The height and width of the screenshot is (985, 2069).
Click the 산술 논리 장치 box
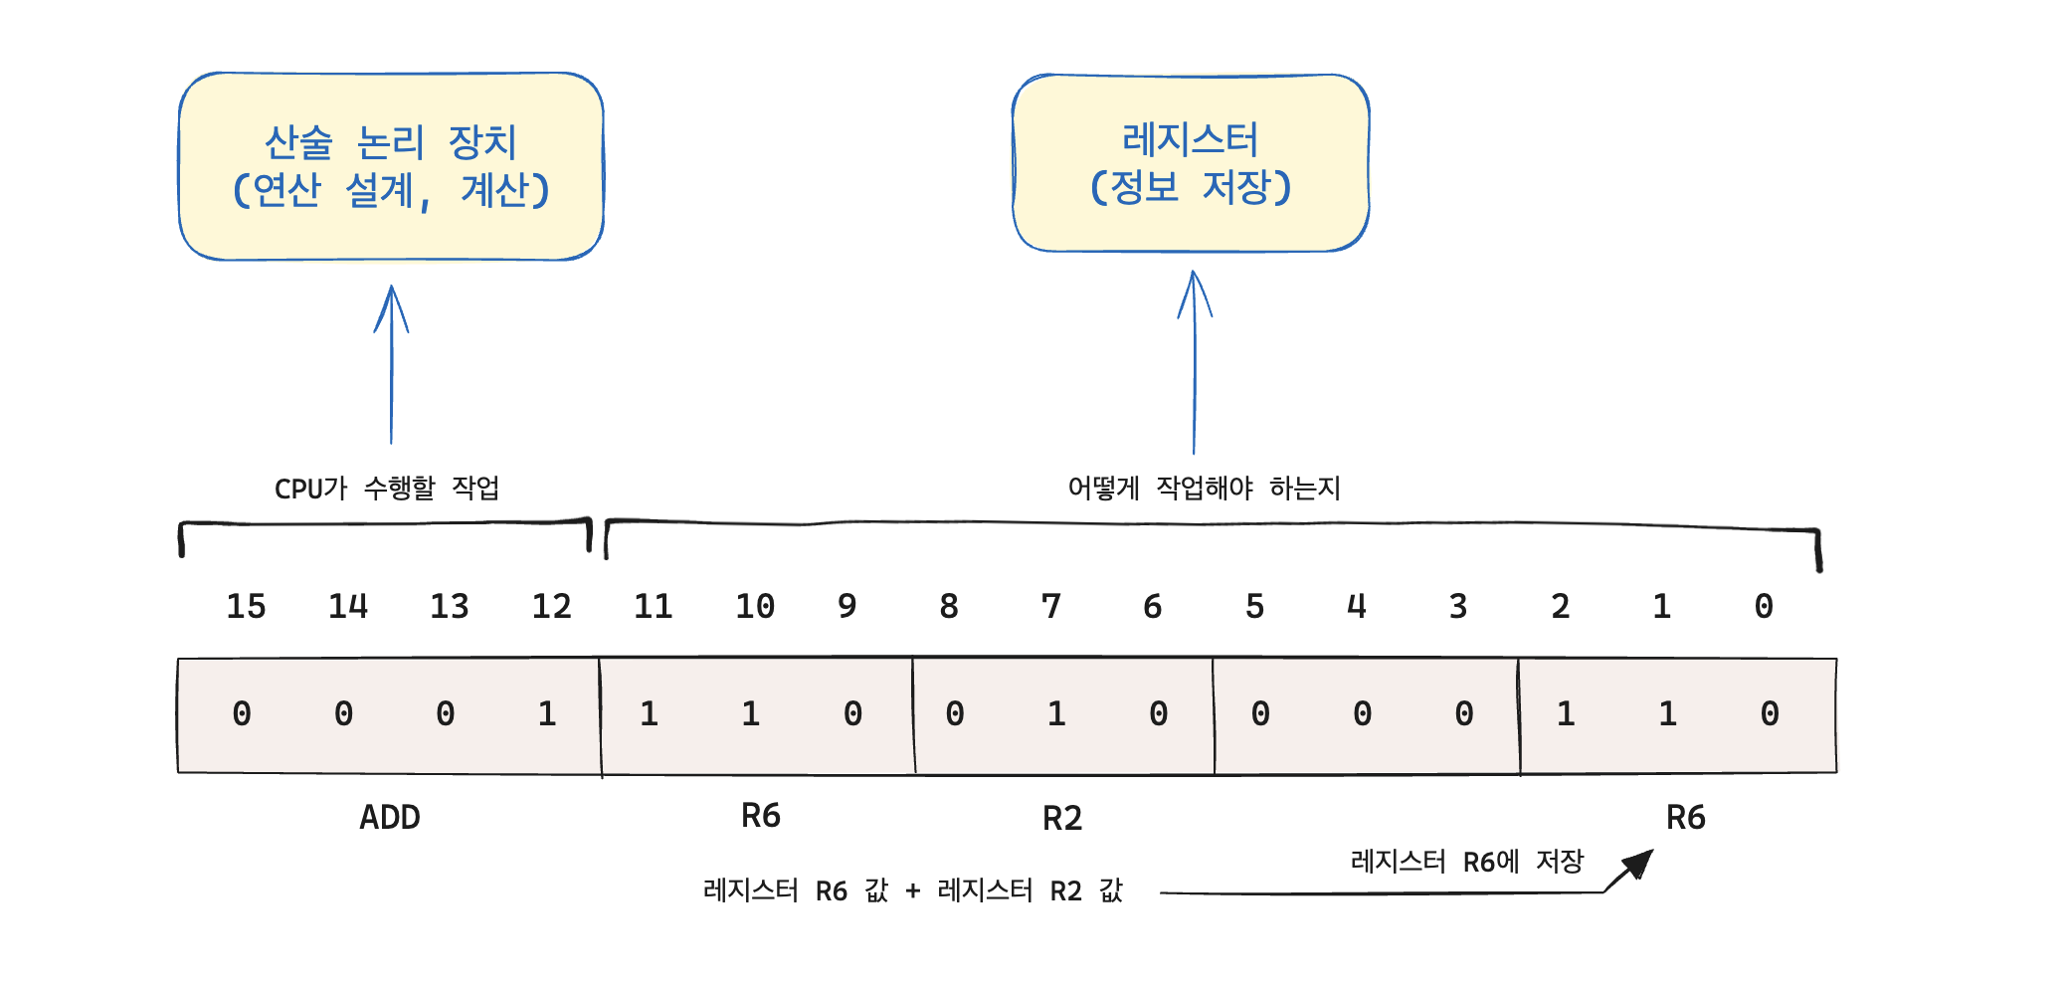tap(391, 166)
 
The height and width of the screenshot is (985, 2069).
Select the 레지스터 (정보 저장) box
tap(1191, 163)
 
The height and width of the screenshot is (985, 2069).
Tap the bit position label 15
tap(246, 606)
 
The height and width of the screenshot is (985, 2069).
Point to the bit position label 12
tap(551, 606)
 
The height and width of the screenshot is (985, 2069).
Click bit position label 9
tap(846, 606)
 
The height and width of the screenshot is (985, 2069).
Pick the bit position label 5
tap(1254, 606)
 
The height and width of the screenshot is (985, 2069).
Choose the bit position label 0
tap(1763, 606)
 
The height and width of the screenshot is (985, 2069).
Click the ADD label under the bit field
tap(390, 818)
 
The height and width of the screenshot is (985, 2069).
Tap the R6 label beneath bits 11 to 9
tap(761, 816)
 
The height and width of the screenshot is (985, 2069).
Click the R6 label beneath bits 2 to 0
tap(1685, 818)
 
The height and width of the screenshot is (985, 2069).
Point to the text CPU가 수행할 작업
tap(387, 489)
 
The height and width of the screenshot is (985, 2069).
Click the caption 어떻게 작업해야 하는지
tap(1204, 489)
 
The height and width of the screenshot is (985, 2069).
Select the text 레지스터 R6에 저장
tap(1466, 862)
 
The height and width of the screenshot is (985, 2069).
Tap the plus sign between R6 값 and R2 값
tap(912, 891)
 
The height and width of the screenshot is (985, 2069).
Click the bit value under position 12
tap(546, 713)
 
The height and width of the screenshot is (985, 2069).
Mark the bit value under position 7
tap(1056, 713)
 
